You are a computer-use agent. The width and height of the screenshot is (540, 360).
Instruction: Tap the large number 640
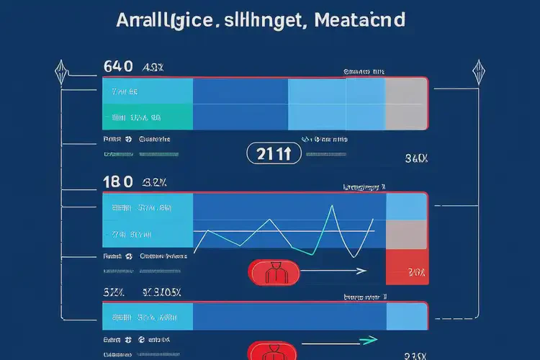point(118,67)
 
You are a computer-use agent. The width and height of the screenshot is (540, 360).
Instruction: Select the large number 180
point(117,181)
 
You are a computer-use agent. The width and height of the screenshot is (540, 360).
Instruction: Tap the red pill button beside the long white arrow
point(272,271)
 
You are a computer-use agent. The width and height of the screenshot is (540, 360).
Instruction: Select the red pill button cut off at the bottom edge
point(272,353)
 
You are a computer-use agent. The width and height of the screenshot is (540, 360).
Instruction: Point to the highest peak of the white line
point(332,207)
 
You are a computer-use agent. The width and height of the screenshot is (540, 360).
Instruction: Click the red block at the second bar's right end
point(408,268)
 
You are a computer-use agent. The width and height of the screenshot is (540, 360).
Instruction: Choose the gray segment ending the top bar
point(407,102)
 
